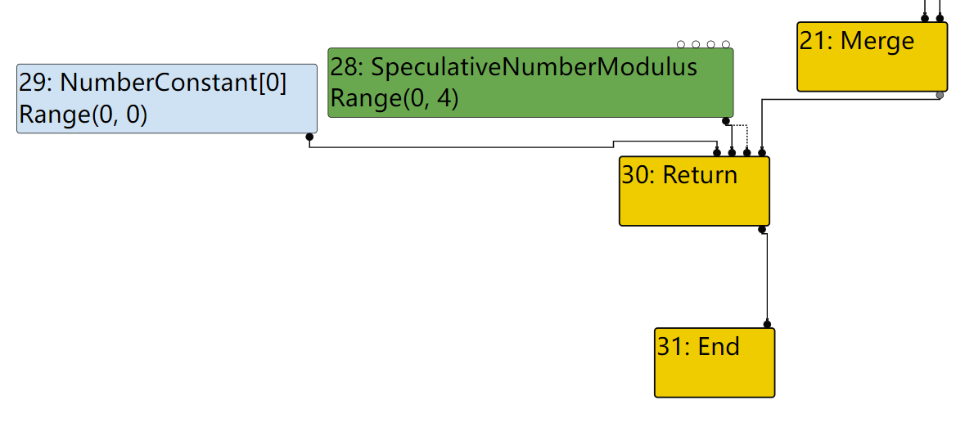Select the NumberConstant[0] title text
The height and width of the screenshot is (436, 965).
click(x=174, y=83)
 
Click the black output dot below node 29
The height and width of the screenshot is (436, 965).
click(x=309, y=137)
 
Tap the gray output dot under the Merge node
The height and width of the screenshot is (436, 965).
click(x=940, y=96)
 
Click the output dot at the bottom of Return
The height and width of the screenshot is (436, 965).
click(x=762, y=229)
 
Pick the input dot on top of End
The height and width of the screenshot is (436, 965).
click(x=767, y=324)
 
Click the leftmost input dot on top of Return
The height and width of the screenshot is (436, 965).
click(x=717, y=152)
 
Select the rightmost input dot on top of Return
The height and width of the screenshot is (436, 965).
click(x=762, y=152)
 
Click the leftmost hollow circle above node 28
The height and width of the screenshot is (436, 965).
click(x=681, y=44)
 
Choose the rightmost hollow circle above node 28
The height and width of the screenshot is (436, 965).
click(x=726, y=44)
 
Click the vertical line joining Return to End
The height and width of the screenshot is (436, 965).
click(x=767, y=278)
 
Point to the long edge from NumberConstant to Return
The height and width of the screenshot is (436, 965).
click(x=458, y=147)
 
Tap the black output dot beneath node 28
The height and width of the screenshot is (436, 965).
click(x=725, y=121)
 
